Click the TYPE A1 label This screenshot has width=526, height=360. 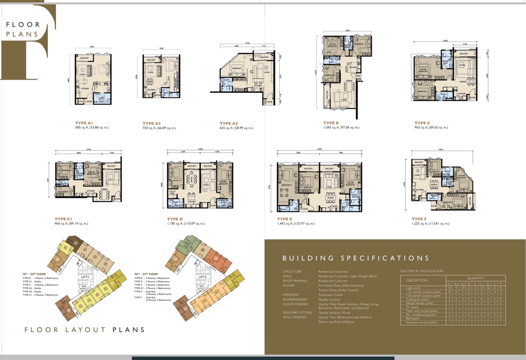tap(83, 123)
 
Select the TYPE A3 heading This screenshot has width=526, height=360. tap(232, 124)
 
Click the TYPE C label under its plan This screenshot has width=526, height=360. tap(422, 123)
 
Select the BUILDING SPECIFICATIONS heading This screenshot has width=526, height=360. tap(356, 258)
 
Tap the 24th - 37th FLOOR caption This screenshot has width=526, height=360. tap(146, 274)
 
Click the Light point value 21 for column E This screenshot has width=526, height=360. tap(494, 288)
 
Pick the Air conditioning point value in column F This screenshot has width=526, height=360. tap(501, 315)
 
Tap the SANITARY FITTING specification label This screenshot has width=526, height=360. tap(297, 313)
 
